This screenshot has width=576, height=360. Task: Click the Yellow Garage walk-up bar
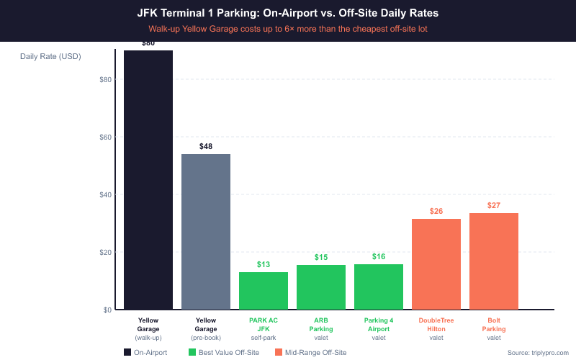148,180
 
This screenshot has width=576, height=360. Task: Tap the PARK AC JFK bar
264,291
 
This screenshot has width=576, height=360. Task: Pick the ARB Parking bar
321,287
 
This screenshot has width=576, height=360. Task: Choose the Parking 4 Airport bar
379,287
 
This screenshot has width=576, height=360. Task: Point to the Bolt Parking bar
494,261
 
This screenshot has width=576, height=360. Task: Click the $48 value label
206,146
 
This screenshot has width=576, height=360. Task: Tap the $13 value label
264,264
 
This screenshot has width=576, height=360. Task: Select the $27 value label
494,205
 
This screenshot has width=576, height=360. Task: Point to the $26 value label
436,211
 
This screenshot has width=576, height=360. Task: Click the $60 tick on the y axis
105,137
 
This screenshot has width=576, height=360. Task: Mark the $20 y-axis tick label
105,252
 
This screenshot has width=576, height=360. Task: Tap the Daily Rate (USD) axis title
51,57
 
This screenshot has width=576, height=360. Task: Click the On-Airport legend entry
146,352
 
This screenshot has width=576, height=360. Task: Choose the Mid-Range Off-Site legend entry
310,352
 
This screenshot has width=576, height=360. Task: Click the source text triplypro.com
538,352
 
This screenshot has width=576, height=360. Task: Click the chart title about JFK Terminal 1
288,13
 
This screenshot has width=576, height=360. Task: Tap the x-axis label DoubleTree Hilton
436,324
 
